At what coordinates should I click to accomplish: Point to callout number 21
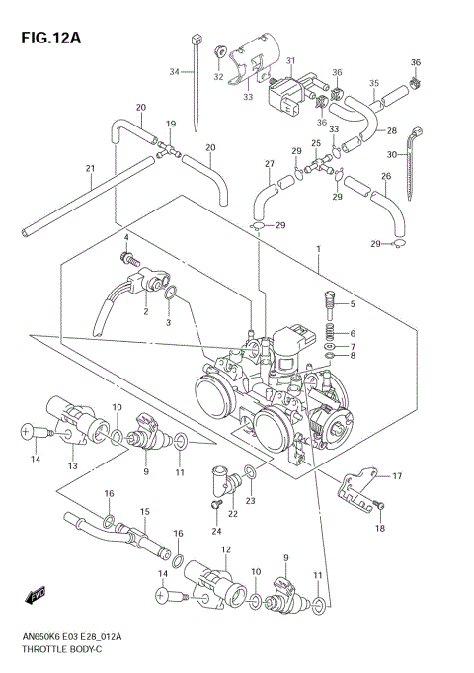pyautogui.click(x=90, y=169)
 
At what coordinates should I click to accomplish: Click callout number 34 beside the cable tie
pyautogui.click(x=174, y=72)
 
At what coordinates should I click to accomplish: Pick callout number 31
pyautogui.click(x=291, y=61)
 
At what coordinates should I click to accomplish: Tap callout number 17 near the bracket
pyautogui.click(x=397, y=477)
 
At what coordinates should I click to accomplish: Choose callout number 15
pyautogui.click(x=144, y=511)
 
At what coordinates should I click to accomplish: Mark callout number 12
pyautogui.click(x=226, y=549)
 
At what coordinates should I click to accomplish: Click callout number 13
pyautogui.click(x=71, y=465)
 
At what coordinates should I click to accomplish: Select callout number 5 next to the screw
pyautogui.click(x=352, y=303)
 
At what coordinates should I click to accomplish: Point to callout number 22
pyautogui.click(x=233, y=514)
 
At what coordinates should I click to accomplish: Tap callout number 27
pyautogui.click(x=269, y=164)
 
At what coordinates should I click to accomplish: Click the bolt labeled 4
pyautogui.click(x=126, y=260)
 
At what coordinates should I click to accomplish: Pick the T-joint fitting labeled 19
pyautogui.click(x=170, y=153)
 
